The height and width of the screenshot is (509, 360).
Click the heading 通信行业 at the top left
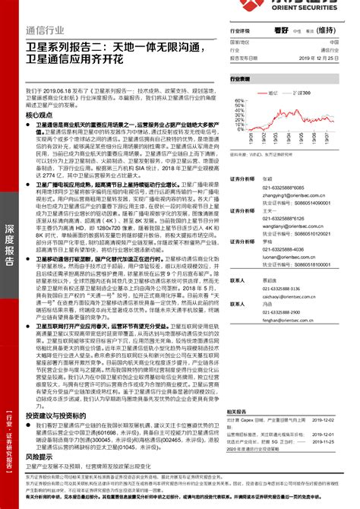[39, 31]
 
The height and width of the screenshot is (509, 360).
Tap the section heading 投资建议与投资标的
[58, 416]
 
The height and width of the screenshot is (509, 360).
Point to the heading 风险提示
[39, 457]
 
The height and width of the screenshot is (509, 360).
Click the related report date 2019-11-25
[339, 441]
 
